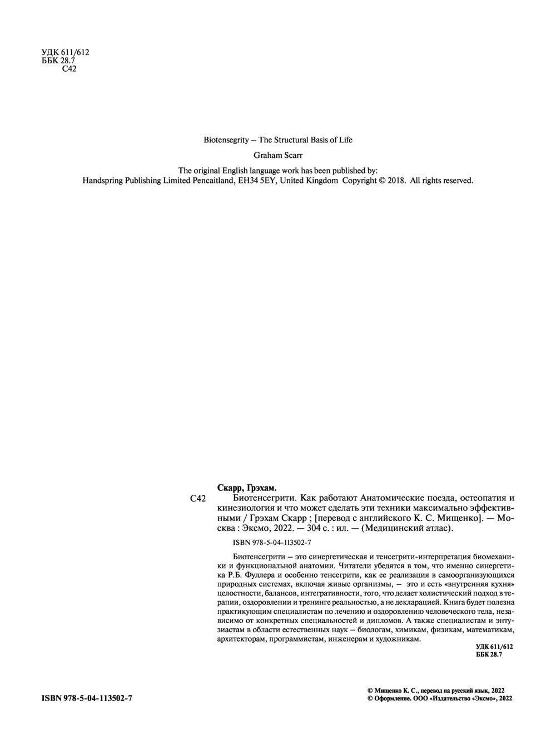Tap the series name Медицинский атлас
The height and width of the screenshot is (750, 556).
click(408, 529)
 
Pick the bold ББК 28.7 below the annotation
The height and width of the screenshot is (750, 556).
click(489, 655)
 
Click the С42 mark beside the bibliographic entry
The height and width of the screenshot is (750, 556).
click(198, 499)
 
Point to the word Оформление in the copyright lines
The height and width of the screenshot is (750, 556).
click(391, 698)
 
